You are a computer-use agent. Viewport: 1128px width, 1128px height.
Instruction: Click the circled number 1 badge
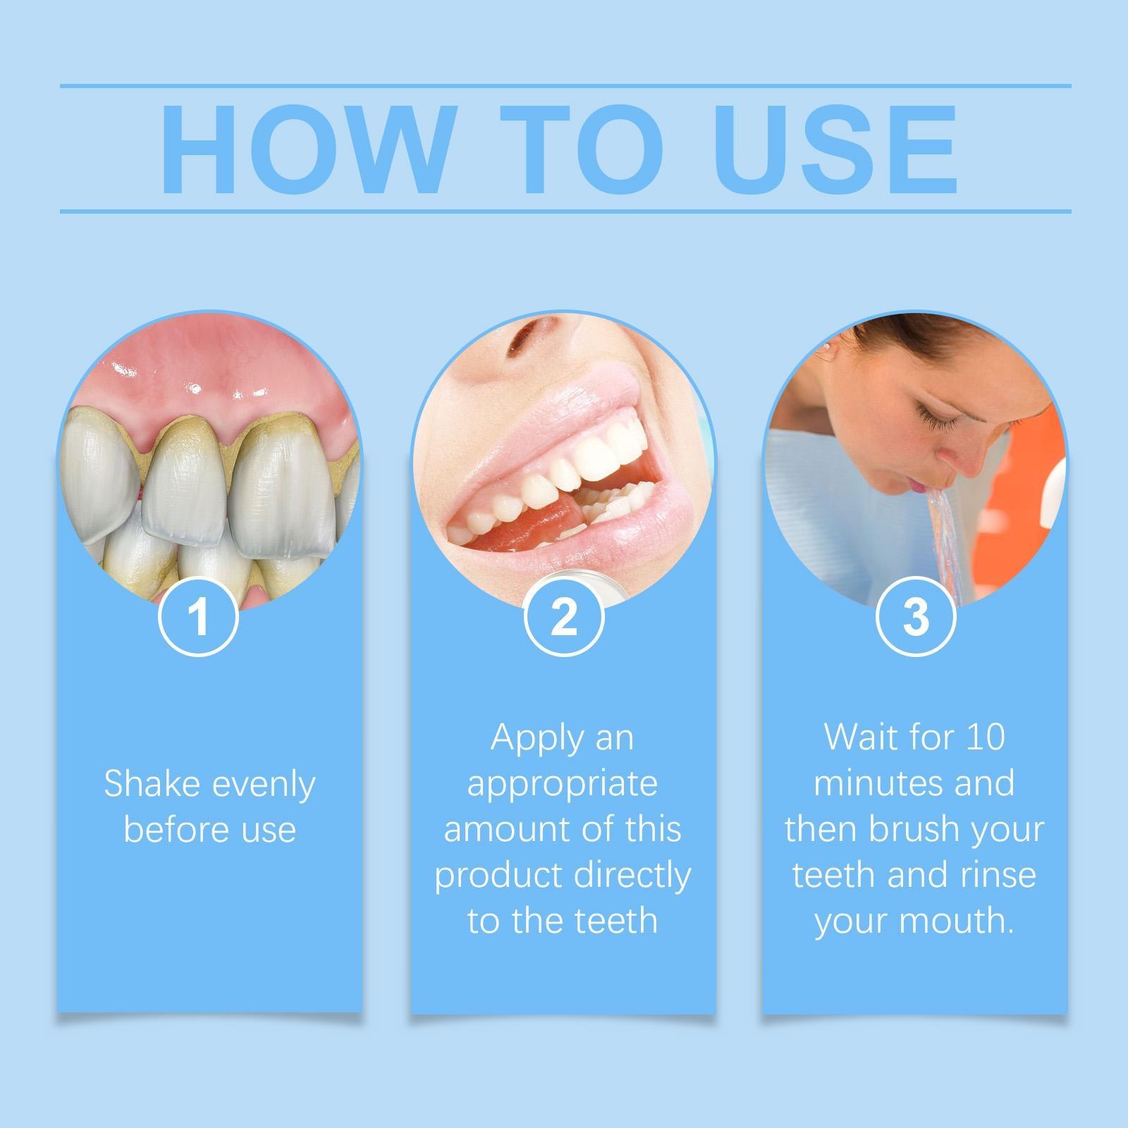pos(200,617)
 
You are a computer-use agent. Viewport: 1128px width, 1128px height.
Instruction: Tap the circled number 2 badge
pos(564,617)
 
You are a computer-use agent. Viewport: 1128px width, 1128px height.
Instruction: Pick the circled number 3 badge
pos(915,617)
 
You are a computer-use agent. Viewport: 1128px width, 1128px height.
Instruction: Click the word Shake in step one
pos(149,784)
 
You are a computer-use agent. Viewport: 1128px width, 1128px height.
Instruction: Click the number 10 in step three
pos(985,737)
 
